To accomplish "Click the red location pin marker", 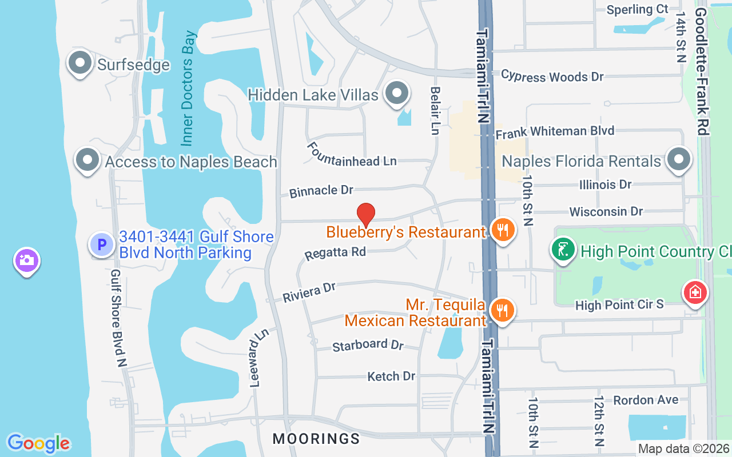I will tap(366, 215).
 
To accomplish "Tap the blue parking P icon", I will tap(102, 245).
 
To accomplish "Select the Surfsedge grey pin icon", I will tap(80, 63).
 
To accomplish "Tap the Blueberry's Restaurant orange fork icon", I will tap(503, 230).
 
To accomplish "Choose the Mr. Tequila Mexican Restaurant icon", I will tap(502, 310).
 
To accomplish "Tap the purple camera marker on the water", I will tap(26, 260).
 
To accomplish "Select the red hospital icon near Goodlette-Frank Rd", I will tap(695, 293).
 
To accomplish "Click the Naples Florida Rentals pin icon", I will tap(679, 159).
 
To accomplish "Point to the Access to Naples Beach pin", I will tap(87, 161).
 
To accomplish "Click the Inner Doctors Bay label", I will tap(188, 88).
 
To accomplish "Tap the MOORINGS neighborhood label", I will tap(316, 439).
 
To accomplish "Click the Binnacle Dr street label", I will tap(321, 191).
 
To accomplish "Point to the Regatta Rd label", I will tap(335, 252).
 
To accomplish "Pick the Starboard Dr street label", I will tap(368, 345).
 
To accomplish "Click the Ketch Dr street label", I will tap(391, 376).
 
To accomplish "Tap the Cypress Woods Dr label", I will tap(552, 76).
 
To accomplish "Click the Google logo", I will tap(38, 443).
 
